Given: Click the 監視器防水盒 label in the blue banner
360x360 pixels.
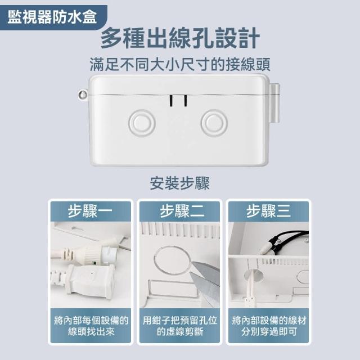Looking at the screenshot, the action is tap(52, 17).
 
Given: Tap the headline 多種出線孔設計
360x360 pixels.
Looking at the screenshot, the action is tap(180, 38).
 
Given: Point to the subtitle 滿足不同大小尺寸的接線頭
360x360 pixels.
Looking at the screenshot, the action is tap(180, 65).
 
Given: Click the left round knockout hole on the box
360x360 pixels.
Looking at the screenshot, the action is tap(142, 123).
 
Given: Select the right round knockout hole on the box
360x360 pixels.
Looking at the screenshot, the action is tap(214, 123).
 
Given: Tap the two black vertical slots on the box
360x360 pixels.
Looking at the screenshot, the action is tap(178, 101).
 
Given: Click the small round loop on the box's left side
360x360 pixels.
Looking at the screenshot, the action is tap(83, 94).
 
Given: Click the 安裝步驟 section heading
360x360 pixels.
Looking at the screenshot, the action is tap(180, 183).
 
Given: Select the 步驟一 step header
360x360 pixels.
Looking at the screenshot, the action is tap(90, 211).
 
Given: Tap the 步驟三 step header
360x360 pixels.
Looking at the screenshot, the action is tap(269, 211).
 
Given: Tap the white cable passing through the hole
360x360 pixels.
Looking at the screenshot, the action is tap(250, 287).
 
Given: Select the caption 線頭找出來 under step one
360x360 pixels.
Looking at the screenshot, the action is tap(91, 332).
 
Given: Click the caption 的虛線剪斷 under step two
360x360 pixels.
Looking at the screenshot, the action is tap(180, 332).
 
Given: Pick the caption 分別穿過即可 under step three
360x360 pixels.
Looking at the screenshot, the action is tap(269, 332).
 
